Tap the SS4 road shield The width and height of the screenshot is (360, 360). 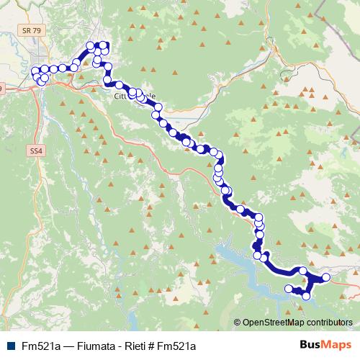pos(37,151)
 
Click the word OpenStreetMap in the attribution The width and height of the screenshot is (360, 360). pos(274,323)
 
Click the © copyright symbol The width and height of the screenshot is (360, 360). pos(238,323)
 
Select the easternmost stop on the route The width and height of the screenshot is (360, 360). pos(325,277)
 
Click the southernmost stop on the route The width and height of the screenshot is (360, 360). pos(307,296)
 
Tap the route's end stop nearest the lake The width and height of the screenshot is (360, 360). pos(289,289)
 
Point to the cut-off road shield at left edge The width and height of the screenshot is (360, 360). pos(2,89)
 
